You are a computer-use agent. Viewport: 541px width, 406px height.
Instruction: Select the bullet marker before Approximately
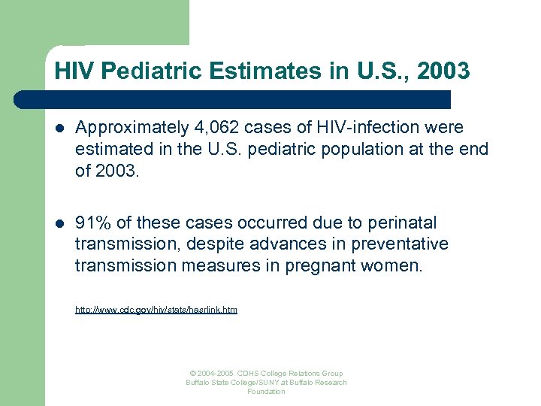60,129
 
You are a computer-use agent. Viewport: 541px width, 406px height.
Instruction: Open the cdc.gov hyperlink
156,309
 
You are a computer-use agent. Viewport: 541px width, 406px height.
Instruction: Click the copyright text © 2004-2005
213,374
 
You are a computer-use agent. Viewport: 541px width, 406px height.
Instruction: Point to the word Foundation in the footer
266,392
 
